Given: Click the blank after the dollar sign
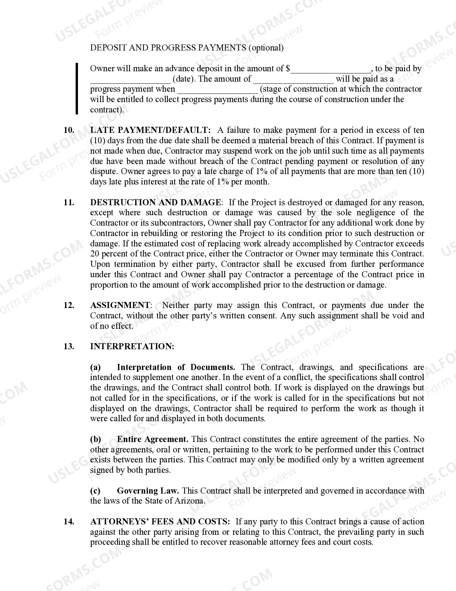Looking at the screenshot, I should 331,69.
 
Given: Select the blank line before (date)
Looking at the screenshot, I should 130,80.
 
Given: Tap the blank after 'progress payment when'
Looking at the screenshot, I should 217,90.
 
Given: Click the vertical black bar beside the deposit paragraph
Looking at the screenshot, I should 77,89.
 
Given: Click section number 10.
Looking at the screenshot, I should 69,130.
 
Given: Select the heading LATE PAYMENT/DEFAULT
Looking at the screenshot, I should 151,130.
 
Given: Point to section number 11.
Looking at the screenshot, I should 69,203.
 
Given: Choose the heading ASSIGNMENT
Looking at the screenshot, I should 120,306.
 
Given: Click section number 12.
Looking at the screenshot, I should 69,306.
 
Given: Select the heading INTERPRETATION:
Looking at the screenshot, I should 132,347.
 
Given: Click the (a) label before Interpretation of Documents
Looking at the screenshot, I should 95,367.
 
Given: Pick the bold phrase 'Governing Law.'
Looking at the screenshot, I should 148,491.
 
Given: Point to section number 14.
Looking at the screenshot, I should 69,522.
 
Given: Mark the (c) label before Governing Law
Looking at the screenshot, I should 95,491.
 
